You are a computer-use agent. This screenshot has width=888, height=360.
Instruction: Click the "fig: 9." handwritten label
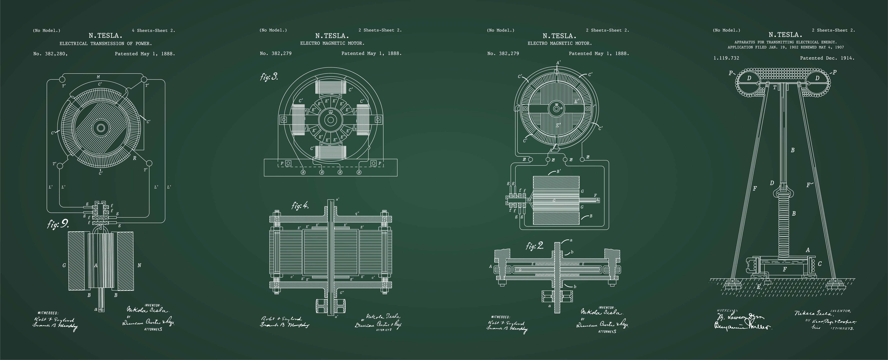click(x=58, y=224)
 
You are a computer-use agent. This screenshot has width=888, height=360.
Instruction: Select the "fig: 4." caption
click(x=300, y=206)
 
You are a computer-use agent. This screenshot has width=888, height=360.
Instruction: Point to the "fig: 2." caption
click(x=535, y=246)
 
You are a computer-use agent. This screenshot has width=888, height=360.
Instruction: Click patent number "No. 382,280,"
click(x=50, y=54)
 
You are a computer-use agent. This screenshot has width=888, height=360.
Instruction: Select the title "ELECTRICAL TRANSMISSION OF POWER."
click(x=106, y=44)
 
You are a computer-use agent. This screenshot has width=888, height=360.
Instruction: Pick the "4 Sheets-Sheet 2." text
click(x=153, y=30)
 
